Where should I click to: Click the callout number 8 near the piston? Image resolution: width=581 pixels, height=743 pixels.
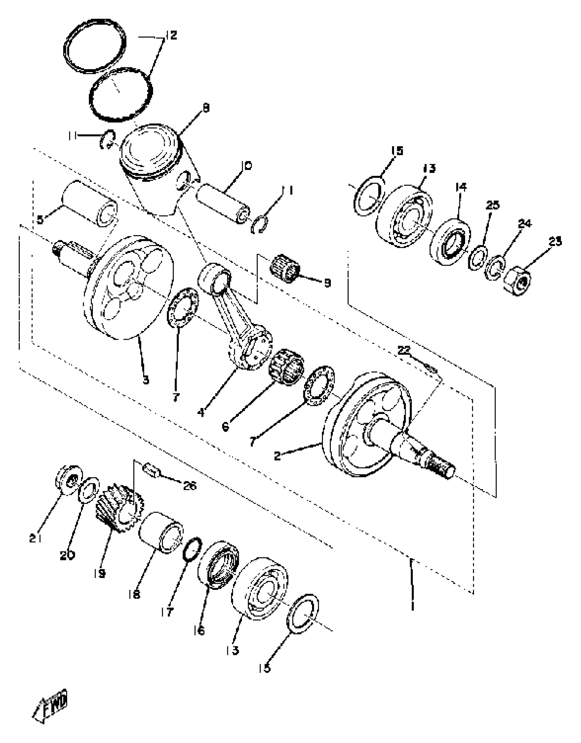click(x=206, y=108)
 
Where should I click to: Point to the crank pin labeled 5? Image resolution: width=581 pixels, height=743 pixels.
click(x=90, y=204)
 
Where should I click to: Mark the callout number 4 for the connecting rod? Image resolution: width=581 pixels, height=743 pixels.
click(x=201, y=413)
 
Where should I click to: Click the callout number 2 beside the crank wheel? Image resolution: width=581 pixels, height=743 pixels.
click(x=277, y=456)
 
